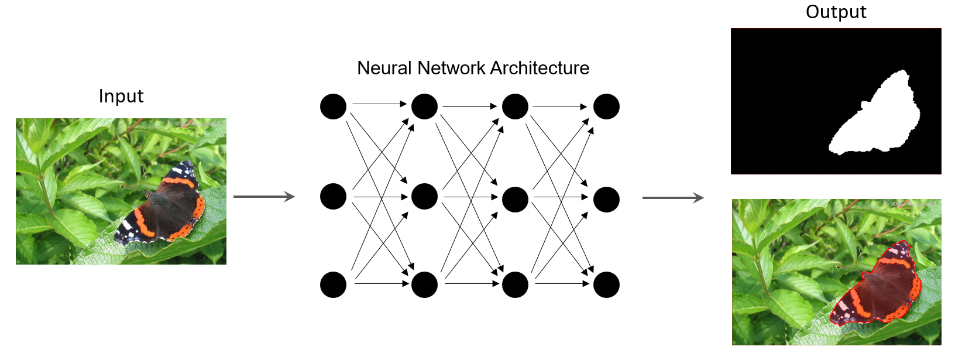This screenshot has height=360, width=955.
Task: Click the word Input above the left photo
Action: pos(121,96)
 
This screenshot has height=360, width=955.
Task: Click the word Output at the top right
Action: pos(836,12)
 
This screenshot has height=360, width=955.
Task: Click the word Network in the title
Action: pos(452,68)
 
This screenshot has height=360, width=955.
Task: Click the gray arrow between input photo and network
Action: pos(264,197)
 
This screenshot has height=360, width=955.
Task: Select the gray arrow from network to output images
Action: pos(672,198)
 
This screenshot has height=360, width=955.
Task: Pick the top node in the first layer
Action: pos(333,107)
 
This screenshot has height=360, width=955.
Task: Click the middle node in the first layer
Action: pos(333,197)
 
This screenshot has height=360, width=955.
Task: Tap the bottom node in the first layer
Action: pos(333,284)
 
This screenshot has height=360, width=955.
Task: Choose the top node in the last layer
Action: pos(606,107)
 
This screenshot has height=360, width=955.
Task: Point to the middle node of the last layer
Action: pos(606,200)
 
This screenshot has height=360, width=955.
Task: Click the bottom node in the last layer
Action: pos(606,284)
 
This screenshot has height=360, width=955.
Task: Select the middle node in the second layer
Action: pos(424,197)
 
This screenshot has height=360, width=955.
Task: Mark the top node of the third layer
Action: pos(515,107)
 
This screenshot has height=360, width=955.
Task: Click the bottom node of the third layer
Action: pos(515,284)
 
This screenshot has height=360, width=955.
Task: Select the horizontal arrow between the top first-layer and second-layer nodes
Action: pos(379,104)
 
